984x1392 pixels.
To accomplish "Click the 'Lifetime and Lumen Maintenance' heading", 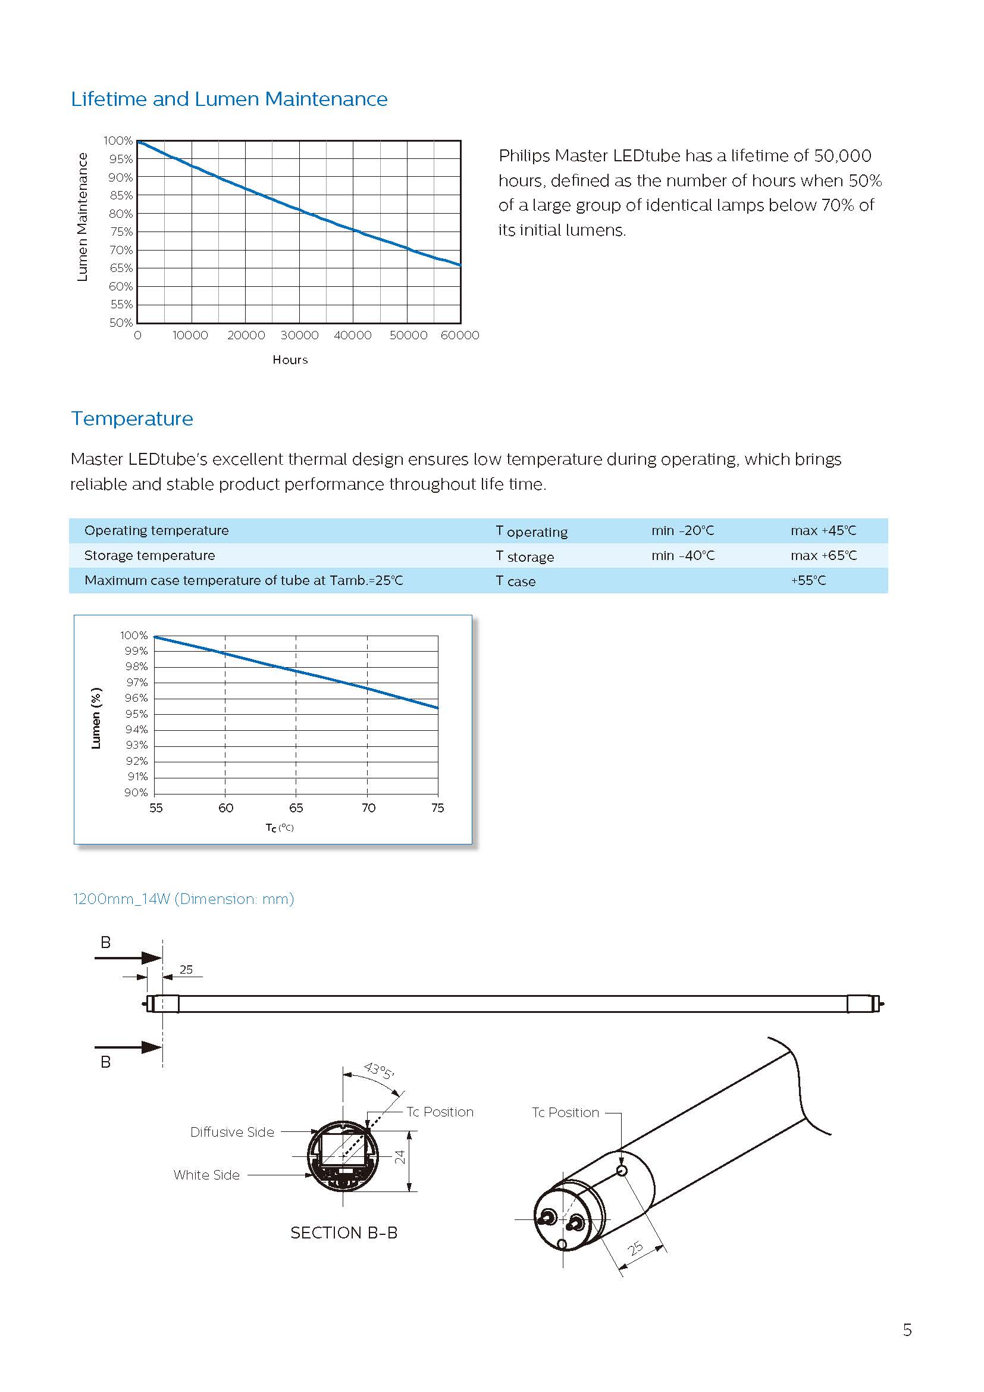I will (x=229, y=99).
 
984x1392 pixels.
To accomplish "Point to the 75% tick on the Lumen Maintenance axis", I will (x=121, y=232).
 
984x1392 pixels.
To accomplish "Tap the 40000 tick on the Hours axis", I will (x=353, y=335).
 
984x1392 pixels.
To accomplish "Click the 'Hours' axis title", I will (x=290, y=360).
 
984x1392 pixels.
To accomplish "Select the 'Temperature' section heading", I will (x=132, y=418).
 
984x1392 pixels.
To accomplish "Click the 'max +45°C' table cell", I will (x=823, y=530).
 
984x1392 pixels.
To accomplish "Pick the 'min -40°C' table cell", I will (x=683, y=555).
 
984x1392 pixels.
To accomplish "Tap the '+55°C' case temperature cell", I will (x=808, y=580).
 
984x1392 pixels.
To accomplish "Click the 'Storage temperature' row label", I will (x=150, y=555).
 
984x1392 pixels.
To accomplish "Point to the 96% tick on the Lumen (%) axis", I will (x=136, y=698).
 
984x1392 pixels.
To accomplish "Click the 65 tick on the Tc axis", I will (x=296, y=808).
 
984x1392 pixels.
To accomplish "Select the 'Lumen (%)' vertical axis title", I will (x=96, y=718).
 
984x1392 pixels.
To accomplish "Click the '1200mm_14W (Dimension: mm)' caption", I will (x=183, y=899).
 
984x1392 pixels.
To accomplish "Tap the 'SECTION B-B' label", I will (x=343, y=1233).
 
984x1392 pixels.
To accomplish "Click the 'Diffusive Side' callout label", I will (x=232, y=1132).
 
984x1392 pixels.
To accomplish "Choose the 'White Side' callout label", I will (x=206, y=1175).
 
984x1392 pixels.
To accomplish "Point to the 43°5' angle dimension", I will (x=379, y=1071).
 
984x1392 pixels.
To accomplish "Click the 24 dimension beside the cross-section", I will (x=400, y=1157).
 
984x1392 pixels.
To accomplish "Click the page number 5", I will (x=907, y=1330).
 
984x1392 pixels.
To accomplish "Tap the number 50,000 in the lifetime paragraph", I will (x=842, y=156).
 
